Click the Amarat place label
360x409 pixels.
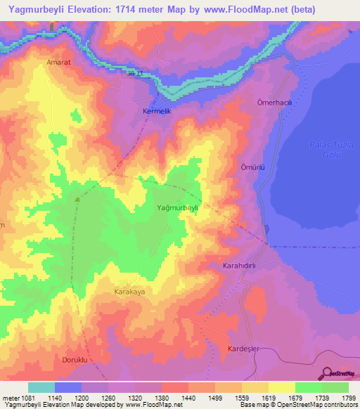pyautogui.click(x=58, y=62)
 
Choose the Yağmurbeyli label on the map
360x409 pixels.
pyautogui.click(x=180, y=208)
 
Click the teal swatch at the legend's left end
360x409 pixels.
pyautogui.click(x=41, y=387)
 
